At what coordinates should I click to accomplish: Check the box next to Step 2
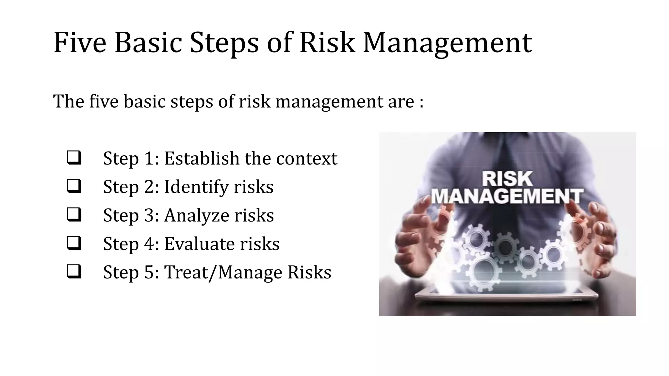74,186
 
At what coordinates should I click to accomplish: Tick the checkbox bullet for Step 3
74,214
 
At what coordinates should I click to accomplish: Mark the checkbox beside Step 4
74,243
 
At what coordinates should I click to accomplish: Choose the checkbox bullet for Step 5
74,272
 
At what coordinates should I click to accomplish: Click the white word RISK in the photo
507,179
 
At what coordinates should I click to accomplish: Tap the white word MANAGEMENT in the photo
507,196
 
